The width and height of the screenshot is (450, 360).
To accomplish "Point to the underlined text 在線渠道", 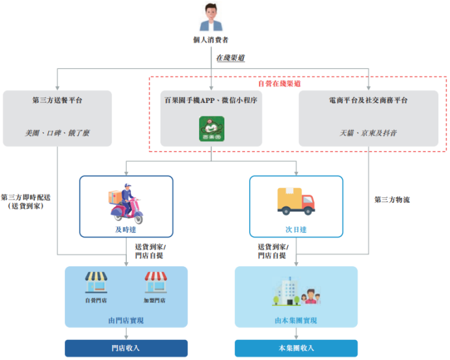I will pos(230,58).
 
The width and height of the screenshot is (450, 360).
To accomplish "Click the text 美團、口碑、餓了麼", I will pos(57,133).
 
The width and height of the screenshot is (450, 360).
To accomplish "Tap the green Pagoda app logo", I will pos(211,128).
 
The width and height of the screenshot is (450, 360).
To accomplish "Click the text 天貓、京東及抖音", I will pos(368,133).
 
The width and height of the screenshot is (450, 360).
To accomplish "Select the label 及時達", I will pos(126,230).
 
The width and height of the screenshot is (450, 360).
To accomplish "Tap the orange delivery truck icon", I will pos(297,201).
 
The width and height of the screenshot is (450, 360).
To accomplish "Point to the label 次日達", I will pos(297,230).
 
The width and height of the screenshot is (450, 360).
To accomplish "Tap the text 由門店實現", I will pos(126,320).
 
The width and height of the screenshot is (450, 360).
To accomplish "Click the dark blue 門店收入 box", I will pos(126,348).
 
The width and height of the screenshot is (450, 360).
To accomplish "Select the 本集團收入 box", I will pos(296,348).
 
